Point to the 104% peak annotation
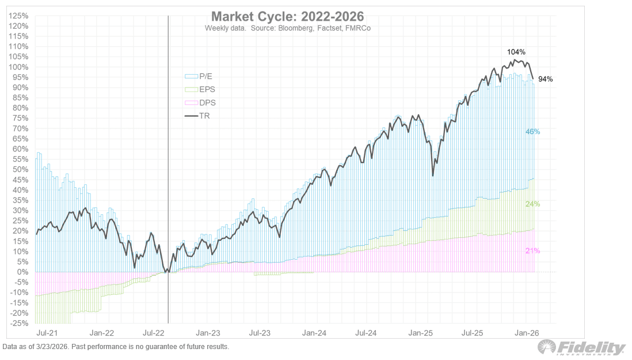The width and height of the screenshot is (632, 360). [516, 52]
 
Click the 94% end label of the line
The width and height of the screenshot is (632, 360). [545, 79]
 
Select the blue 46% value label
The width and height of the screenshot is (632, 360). [532, 132]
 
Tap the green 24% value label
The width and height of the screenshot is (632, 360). [532, 204]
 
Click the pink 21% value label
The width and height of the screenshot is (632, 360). [532, 251]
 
